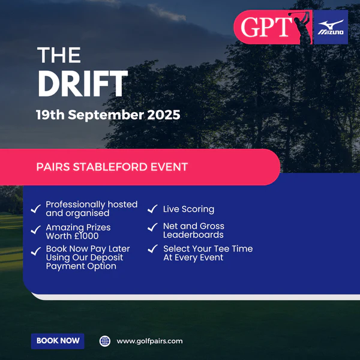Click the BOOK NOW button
(58, 341)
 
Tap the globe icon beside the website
(105, 341)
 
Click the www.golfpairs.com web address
(149, 341)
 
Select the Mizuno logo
(331, 27)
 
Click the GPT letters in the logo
(266, 27)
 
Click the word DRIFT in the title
(83, 83)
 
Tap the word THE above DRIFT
(59, 55)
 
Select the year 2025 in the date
(163, 115)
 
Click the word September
(106, 115)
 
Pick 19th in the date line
(50, 115)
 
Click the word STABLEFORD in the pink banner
(110, 167)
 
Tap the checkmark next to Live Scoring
(152, 209)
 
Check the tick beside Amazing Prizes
(36, 230)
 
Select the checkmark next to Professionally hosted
(36, 209)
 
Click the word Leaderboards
(193, 235)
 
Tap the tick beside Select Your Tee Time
(152, 248)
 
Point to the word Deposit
(107, 258)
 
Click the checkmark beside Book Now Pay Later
(36, 251)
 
